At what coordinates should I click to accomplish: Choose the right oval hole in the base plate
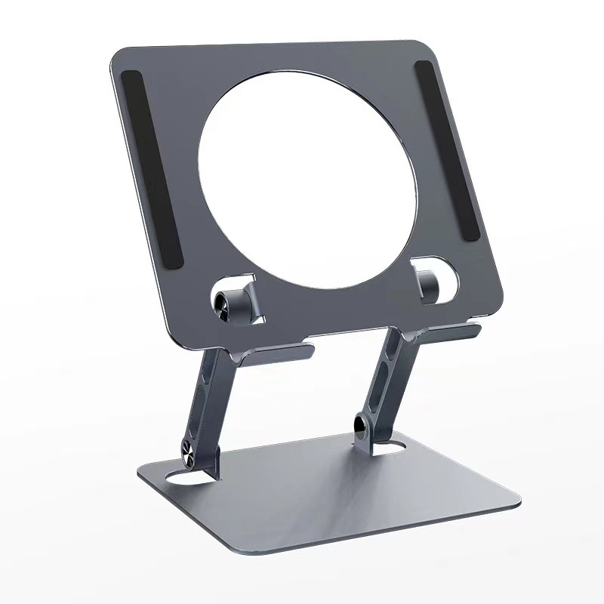click(x=395, y=449)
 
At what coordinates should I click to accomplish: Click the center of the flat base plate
click(x=332, y=491)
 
